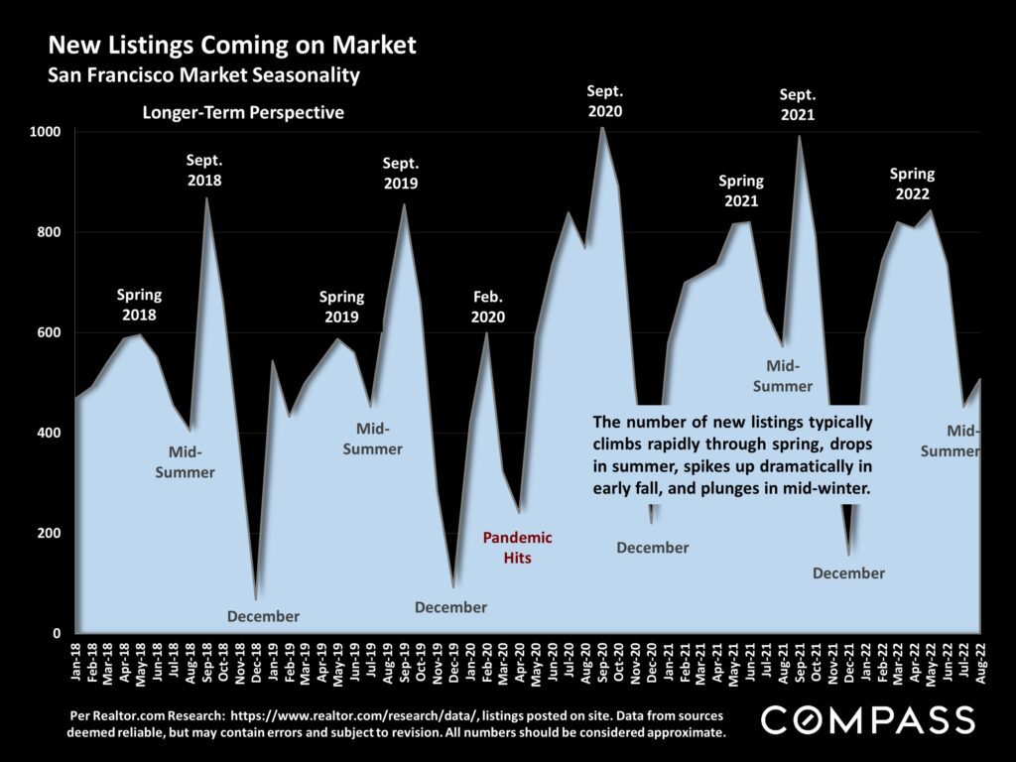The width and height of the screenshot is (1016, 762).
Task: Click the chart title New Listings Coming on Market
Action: (232, 46)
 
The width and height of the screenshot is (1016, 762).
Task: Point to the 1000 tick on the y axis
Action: (51, 132)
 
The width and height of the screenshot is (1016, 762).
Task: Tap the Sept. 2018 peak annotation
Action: (204, 171)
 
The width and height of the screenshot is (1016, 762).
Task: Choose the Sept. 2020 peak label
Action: (604, 101)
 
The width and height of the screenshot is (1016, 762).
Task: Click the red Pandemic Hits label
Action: (516, 548)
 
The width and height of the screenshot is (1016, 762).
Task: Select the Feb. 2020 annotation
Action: (487, 308)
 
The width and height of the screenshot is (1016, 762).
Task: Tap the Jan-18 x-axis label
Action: (77, 662)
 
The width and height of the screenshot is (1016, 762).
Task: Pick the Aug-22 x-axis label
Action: (980, 662)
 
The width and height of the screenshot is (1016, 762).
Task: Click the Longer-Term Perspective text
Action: (243, 113)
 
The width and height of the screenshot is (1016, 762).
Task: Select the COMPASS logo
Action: (867, 719)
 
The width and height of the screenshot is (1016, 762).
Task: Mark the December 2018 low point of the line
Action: (256, 599)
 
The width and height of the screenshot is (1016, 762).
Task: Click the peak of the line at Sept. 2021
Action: (799, 136)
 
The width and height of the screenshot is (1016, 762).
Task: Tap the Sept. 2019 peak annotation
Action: (401, 173)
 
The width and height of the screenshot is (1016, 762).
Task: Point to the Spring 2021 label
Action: (741, 190)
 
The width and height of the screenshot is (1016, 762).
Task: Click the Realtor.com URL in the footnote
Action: (340, 714)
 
